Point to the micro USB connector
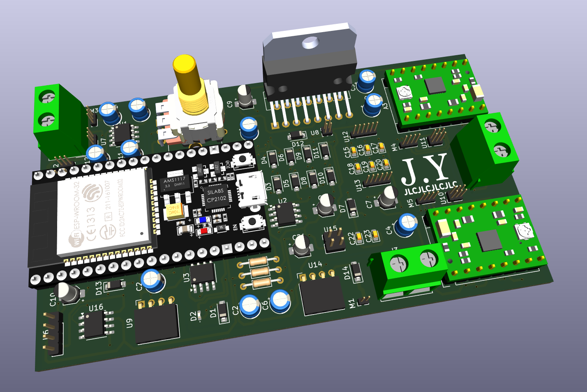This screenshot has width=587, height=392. pyautogui.click(x=252, y=189)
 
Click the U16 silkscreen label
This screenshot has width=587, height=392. pyautogui.click(x=96, y=308)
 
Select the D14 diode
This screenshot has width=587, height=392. pyautogui.click(x=356, y=271)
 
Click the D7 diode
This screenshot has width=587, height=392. pyautogui.click(x=351, y=207)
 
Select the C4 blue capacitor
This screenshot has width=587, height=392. pyautogui.click(x=407, y=225)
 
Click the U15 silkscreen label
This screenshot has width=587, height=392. pyautogui.click(x=330, y=229)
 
